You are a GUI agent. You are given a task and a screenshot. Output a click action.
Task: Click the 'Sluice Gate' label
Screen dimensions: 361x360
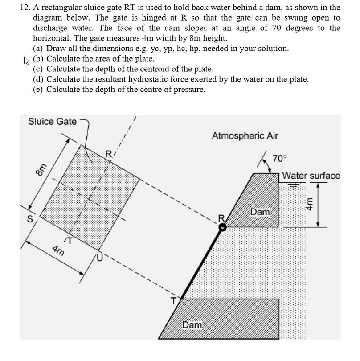click(52, 121)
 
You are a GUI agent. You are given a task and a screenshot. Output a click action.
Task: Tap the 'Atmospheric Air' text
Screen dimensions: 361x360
click(245, 135)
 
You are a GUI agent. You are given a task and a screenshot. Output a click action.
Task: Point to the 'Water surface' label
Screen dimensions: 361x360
click(311, 176)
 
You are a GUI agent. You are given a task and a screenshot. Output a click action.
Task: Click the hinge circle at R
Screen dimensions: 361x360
click(223, 227)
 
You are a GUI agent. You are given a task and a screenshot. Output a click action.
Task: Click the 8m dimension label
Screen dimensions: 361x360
click(41, 170)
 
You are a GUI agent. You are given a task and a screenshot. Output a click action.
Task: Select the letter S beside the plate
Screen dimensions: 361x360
click(30, 219)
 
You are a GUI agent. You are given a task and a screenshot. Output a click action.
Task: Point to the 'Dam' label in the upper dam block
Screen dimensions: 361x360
click(260, 212)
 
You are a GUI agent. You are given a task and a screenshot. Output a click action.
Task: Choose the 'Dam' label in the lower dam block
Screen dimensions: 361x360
click(192, 325)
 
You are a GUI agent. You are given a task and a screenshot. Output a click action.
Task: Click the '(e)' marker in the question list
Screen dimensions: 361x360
click(38, 89)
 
